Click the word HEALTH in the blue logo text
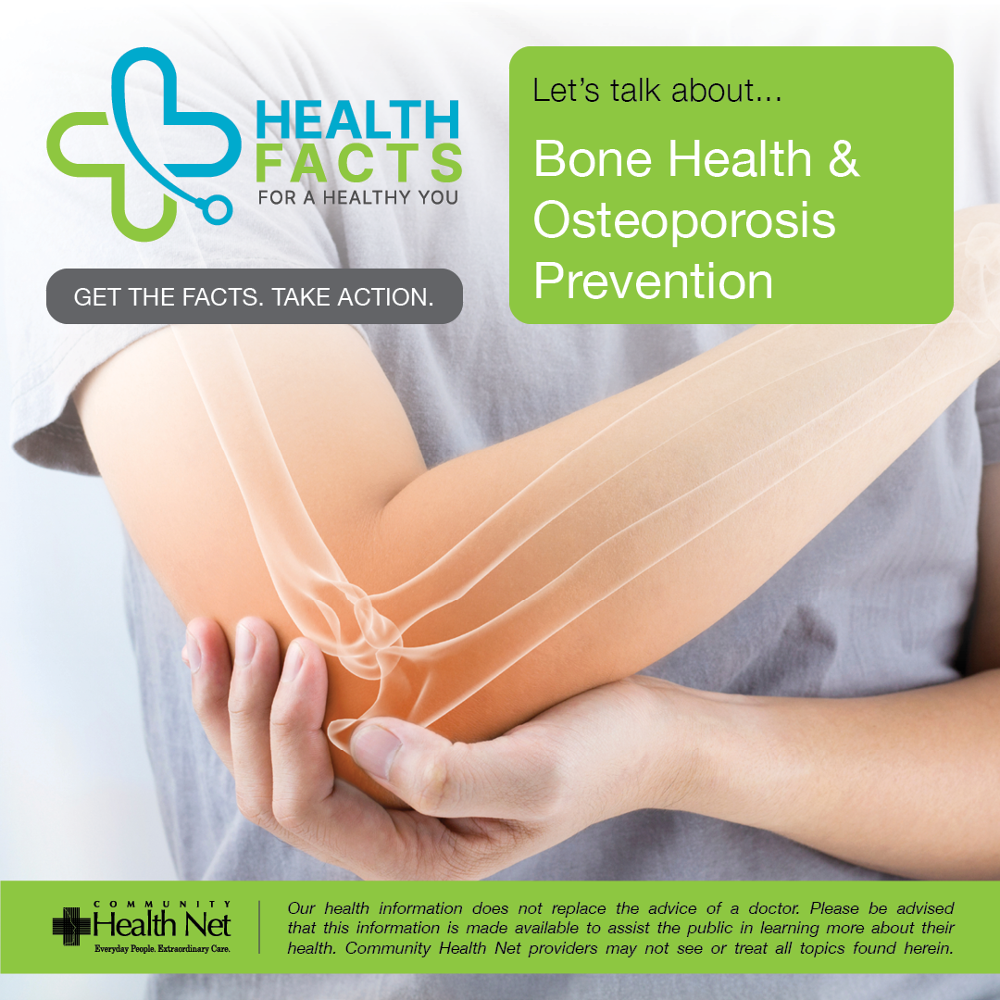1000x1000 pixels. coord(357,119)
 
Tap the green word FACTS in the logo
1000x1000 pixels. coord(359,163)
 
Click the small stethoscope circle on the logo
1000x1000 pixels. coord(216,210)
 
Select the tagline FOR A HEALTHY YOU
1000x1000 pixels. coord(357,198)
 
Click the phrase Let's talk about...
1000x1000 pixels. coord(656,90)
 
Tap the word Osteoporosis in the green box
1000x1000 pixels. coord(684,220)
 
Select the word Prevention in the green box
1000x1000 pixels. coord(653,281)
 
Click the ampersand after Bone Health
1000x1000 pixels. coord(844,158)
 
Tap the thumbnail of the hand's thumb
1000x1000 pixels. coord(376,750)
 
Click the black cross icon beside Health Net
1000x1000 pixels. coord(70,926)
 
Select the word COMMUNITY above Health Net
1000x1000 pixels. coord(162,904)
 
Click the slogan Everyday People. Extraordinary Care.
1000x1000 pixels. coord(162,949)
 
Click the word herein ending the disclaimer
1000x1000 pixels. coord(929,948)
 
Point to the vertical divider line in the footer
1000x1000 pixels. coord(259,927)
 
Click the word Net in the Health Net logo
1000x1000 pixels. coord(208,925)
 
